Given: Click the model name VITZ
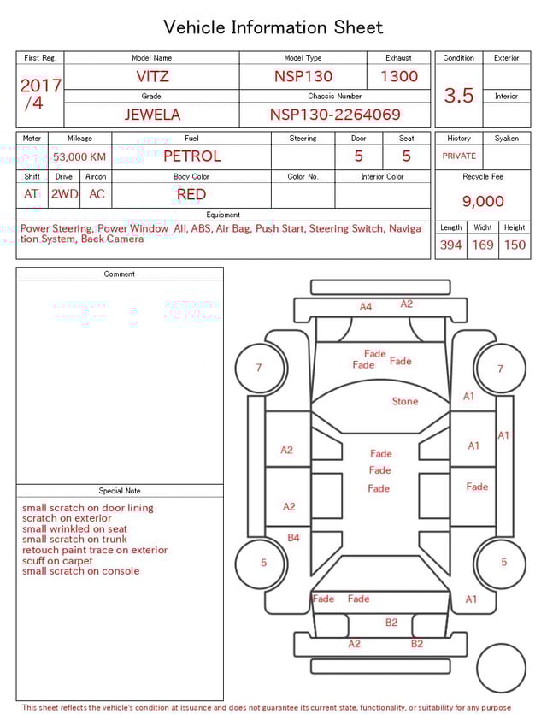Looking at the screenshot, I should point(152,76).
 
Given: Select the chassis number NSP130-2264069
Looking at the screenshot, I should point(335,115).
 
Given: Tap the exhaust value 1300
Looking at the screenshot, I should point(399,76).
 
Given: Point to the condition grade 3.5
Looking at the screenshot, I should point(459,96).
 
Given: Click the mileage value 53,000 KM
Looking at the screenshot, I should point(79,156).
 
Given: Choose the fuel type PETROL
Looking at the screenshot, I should point(191,156).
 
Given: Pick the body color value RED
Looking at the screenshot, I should point(191,194).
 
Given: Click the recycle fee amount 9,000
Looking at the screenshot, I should point(483,201).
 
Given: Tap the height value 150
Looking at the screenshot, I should point(515,245).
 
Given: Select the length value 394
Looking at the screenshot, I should point(450,245).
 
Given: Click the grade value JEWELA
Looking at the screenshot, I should point(152,115).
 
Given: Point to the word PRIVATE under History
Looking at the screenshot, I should point(459,156).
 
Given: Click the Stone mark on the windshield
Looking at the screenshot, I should point(405,401).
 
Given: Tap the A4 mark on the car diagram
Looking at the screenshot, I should point(366,306).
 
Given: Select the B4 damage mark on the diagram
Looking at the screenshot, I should point(293,538).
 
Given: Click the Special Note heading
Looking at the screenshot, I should point(120,491).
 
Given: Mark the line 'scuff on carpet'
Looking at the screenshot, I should point(57,561).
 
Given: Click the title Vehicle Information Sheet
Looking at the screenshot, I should point(273,27).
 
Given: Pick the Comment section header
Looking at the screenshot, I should point(120,274).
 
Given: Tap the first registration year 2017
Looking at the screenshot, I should point(40,86).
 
